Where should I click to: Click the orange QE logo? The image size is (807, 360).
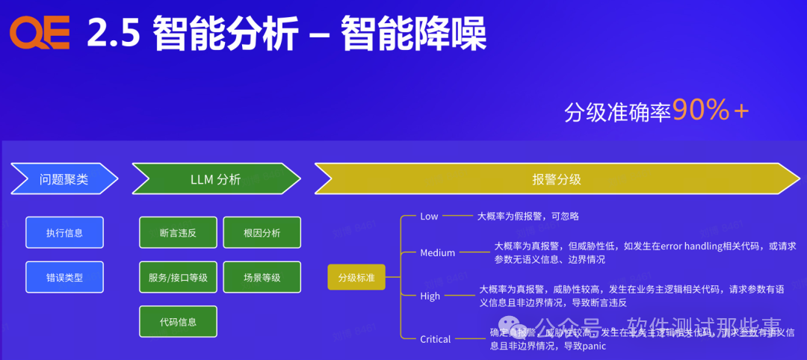point(40,34)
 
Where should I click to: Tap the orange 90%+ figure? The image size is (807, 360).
point(710,111)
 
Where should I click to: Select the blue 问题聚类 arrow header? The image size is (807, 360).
point(64,179)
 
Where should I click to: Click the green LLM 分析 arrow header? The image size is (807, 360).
point(216,179)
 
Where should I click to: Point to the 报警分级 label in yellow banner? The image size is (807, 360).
point(556,179)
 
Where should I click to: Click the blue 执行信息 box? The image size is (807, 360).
point(64,232)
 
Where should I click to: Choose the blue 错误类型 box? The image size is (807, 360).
point(64,277)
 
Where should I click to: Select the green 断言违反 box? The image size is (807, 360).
point(178,232)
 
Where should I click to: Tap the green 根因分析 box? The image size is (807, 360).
point(262,232)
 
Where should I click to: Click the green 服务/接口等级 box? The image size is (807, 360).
point(178,277)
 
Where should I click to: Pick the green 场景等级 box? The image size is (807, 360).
point(262,277)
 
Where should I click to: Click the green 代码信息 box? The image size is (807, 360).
point(178,322)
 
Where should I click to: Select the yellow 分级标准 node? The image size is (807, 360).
point(356,277)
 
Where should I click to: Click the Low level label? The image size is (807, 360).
point(429,216)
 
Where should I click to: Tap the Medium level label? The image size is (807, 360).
point(437,252)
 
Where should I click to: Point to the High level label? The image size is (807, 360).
point(430,296)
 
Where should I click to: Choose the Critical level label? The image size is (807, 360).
point(435,339)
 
